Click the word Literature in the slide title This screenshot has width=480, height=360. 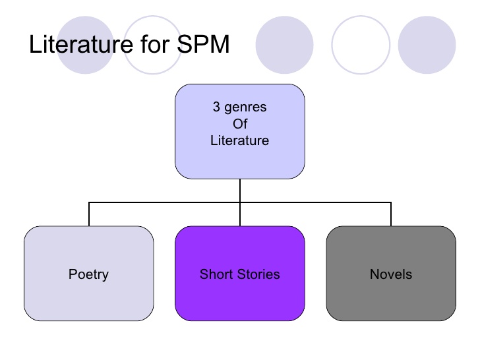pos(81,44)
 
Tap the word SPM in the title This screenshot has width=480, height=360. pos(203,44)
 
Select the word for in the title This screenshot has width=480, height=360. pos(155,44)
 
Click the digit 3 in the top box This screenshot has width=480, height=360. pos(216,107)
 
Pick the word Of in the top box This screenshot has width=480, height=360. pos(240,124)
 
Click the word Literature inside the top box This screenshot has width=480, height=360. pos(240,140)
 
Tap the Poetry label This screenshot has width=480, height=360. pos(88,274)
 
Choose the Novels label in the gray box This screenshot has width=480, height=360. pos(391,274)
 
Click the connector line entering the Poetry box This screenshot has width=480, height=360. pos(89,214)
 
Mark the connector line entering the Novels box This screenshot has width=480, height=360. pos(391,214)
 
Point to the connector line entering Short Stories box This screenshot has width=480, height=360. pos(240,214)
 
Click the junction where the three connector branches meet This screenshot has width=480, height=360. pos(240,202)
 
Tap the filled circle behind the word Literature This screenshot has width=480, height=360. pos(86,45)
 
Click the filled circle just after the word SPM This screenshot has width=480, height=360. pos(284,45)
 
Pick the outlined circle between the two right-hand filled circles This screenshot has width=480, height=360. pos(361,16)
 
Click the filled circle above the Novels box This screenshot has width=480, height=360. pos(427,45)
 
